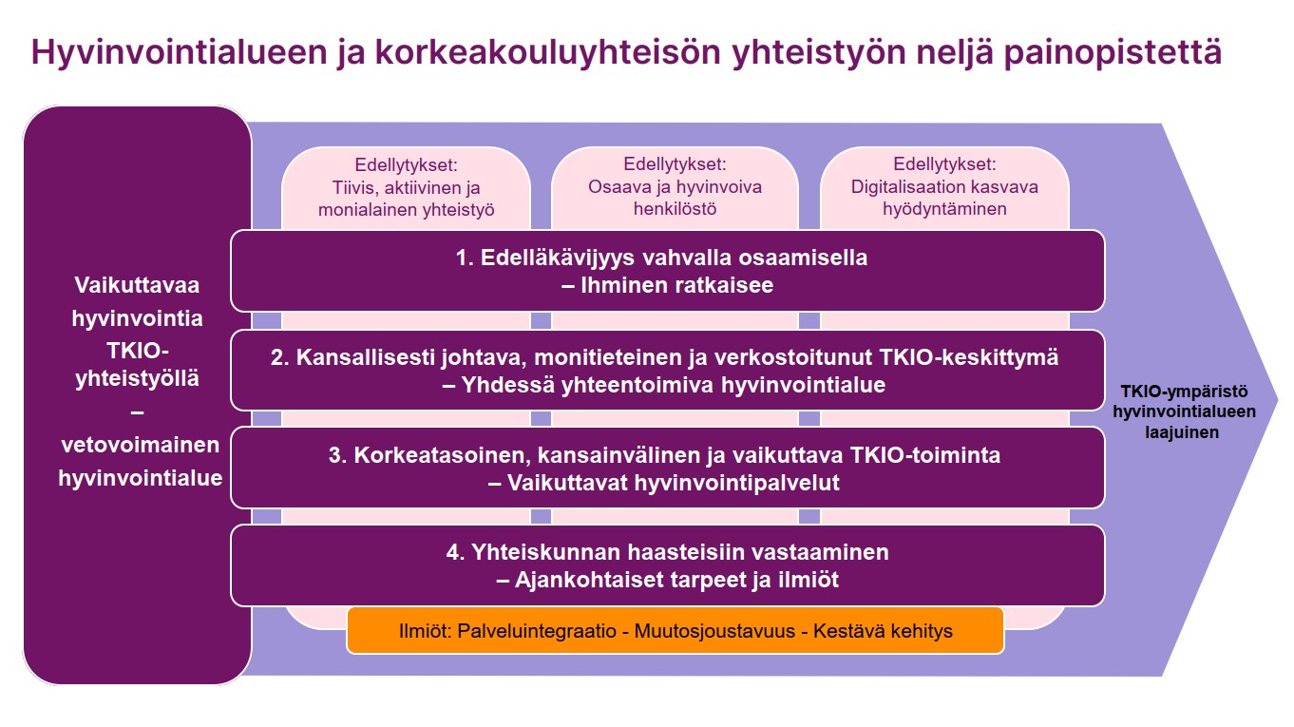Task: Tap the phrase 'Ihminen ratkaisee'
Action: (x=676, y=285)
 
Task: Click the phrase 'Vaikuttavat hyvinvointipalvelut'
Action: (x=675, y=483)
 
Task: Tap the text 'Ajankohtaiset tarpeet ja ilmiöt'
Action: (x=676, y=580)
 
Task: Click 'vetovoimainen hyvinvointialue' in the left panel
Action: (x=140, y=462)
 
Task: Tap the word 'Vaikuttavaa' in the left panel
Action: (x=137, y=285)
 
